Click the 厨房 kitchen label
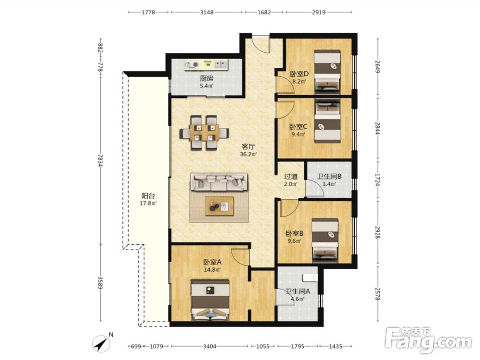[206, 78]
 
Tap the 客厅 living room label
[248, 147]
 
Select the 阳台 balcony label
[148, 196]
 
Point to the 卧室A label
[213, 263]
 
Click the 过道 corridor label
[290, 177]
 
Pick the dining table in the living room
[204, 132]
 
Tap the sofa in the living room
[219, 182]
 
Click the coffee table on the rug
[219, 206]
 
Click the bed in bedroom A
[210, 300]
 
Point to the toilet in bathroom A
[310, 277]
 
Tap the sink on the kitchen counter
[221, 64]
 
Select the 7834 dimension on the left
[100, 160]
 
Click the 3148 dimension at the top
[207, 12]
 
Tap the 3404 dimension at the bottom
[210, 346]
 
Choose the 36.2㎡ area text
[248, 154]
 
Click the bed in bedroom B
[325, 240]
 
